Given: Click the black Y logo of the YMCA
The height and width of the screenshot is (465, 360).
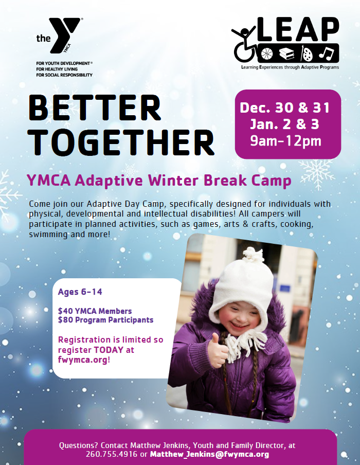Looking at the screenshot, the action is click(x=64, y=35).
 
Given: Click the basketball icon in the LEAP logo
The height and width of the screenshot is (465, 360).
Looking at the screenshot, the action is click(x=267, y=53).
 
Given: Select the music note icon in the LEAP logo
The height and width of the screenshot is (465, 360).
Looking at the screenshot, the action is click(x=327, y=54).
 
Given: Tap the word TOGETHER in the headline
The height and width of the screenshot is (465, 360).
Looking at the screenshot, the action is click(x=121, y=143).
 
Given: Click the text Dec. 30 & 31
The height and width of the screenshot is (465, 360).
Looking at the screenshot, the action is click(x=285, y=108).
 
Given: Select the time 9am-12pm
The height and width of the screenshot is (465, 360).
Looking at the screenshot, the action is click(x=285, y=141).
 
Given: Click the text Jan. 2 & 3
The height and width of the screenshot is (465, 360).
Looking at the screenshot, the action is click(x=284, y=124).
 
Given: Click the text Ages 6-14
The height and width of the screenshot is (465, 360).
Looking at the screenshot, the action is click(x=80, y=292).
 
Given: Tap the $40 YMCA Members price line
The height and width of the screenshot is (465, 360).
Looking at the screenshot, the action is click(x=95, y=311).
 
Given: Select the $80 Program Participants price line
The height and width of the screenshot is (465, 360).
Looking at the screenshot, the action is click(x=105, y=320).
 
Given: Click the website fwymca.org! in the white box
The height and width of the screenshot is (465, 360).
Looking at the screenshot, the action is click(x=84, y=360).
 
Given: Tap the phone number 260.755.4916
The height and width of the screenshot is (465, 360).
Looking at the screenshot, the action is click(x=112, y=454).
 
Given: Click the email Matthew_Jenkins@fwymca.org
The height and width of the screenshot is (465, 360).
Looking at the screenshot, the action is click(x=210, y=455).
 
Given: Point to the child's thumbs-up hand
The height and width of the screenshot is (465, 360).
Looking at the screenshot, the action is click(x=218, y=350).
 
